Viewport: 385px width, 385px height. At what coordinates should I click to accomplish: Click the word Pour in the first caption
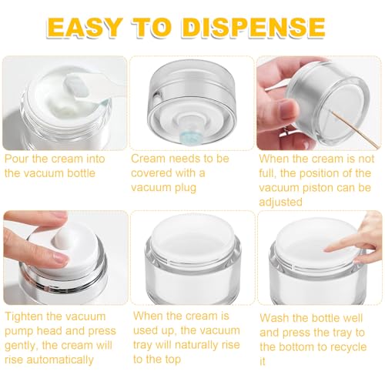click(18, 158)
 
